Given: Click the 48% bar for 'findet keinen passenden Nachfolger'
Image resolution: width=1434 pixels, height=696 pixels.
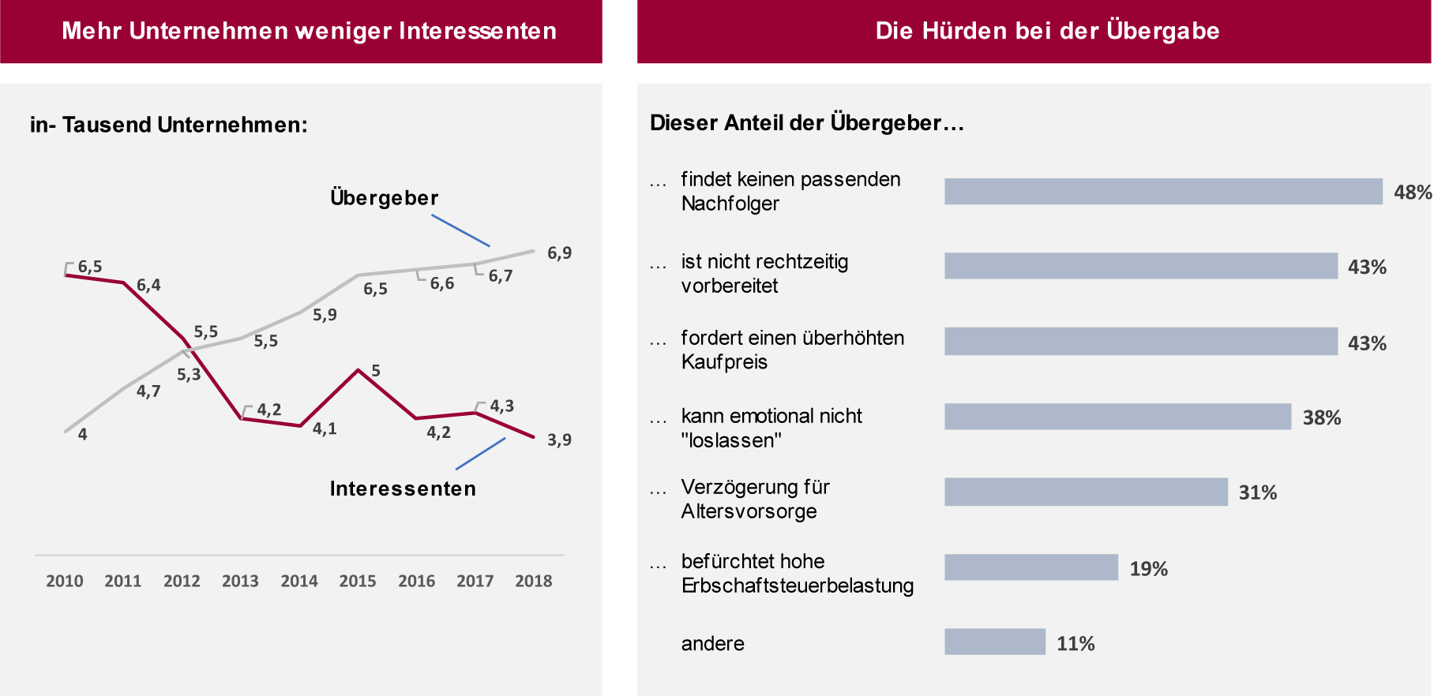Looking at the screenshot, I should pyautogui.click(x=1163, y=192).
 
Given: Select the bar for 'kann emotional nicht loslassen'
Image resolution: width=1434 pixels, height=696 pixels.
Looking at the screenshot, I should pyautogui.click(x=1117, y=417).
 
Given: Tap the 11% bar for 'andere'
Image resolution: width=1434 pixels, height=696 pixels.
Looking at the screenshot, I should pyautogui.click(x=995, y=642).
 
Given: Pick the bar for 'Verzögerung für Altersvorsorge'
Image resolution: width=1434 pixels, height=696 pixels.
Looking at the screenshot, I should pyautogui.click(x=1086, y=492).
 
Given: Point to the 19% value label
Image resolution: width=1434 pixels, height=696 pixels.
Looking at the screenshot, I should pyautogui.click(x=1148, y=569).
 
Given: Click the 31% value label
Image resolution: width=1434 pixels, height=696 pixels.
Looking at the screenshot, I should pyautogui.click(x=1257, y=493).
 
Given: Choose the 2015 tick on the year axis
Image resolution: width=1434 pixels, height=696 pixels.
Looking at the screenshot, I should pyautogui.click(x=358, y=582).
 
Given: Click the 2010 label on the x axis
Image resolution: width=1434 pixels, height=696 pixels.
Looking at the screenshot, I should pyautogui.click(x=65, y=582).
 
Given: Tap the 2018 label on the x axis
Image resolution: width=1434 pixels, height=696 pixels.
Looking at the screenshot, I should pyautogui.click(x=534, y=582).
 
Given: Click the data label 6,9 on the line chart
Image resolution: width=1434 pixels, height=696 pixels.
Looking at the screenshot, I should pyautogui.click(x=559, y=253).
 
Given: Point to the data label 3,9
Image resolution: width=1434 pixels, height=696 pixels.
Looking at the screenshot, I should pyautogui.click(x=559, y=440).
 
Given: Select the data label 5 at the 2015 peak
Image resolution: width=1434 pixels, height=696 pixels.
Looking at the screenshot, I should pyautogui.click(x=376, y=371).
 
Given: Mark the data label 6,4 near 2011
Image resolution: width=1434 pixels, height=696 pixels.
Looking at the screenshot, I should pyautogui.click(x=148, y=286).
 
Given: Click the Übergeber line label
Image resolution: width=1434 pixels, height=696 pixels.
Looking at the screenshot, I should pyautogui.click(x=384, y=198).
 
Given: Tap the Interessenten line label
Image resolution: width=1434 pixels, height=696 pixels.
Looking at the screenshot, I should pyautogui.click(x=403, y=489).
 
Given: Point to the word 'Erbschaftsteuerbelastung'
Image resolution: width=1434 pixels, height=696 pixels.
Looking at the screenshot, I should pyautogui.click(x=797, y=586).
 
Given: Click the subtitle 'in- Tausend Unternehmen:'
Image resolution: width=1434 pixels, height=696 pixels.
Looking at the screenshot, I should pyautogui.click(x=169, y=125).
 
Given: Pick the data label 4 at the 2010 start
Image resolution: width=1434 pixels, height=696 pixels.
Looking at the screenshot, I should pyautogui.click(x=82, y=434).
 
